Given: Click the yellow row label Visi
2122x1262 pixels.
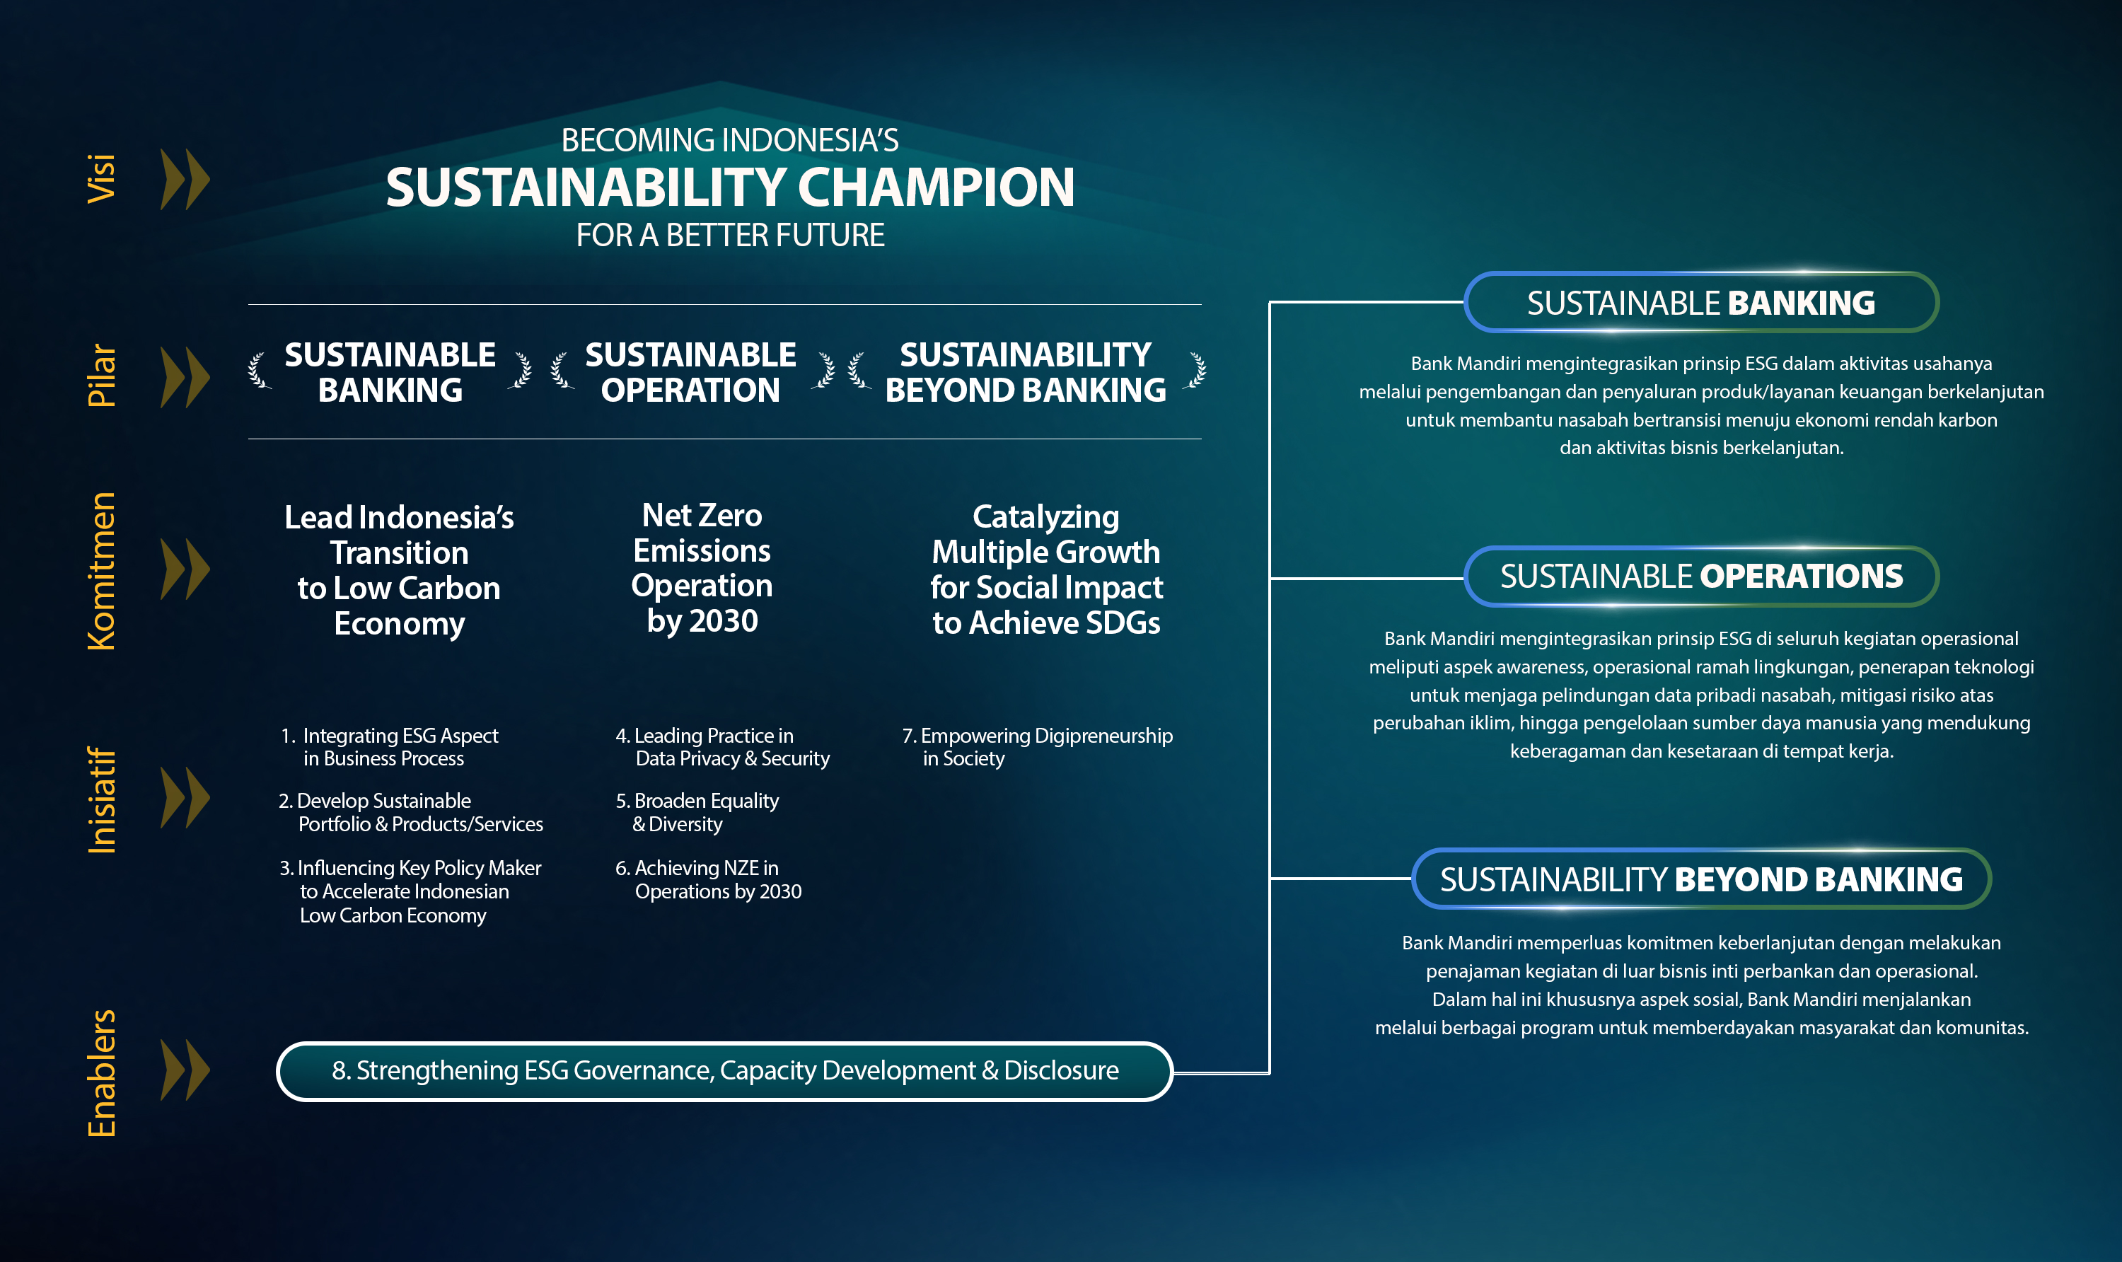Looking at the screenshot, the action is (101, 178).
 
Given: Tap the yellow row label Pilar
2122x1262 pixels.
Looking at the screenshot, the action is (101, 375).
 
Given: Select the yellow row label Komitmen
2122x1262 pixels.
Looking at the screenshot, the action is (101, 571).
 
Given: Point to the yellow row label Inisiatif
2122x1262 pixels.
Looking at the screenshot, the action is (101, 800).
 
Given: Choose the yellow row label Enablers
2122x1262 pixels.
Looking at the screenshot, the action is (101, 1073).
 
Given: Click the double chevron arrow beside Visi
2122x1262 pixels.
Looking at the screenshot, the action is (185, 180).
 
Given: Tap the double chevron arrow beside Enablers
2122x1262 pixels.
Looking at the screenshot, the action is (185, 1070).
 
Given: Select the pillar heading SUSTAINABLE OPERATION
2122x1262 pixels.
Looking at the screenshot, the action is (690, 373).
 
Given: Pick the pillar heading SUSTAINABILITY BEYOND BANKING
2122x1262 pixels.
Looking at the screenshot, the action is (1026, 373).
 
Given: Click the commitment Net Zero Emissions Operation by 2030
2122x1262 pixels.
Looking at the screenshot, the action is (702, 568).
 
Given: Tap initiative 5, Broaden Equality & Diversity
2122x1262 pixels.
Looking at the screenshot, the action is (697, 812).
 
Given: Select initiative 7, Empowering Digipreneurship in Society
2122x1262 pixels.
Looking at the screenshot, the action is (1037, 746).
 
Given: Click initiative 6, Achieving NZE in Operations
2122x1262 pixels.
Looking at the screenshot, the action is (708, 879).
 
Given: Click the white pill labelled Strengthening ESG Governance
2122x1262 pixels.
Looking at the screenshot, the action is (725, 1071).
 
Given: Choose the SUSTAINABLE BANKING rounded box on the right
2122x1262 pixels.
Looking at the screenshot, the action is (1701, 302).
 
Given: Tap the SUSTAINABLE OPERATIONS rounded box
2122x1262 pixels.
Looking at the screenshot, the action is (1701, 577).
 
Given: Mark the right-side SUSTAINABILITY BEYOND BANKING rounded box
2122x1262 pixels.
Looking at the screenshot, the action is (1701, 879).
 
